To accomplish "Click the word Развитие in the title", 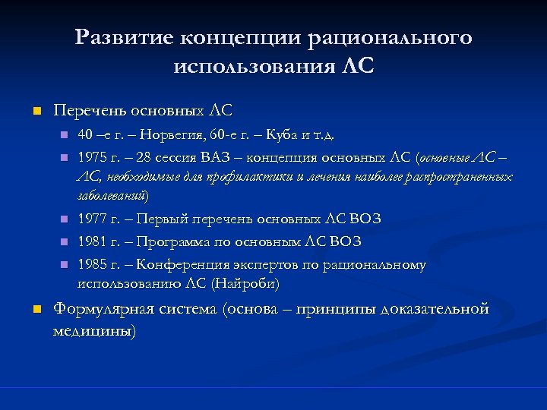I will [125, 37].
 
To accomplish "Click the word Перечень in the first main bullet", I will [86, 111].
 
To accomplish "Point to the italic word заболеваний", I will [113, 195].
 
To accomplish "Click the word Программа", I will [175, 242].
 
